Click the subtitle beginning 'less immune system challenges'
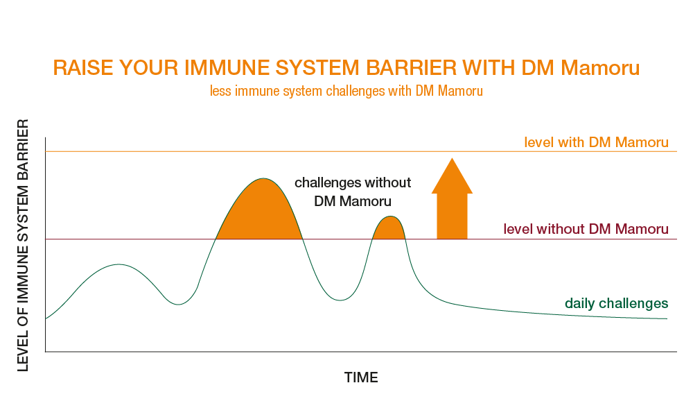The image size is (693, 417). tap(346, 91)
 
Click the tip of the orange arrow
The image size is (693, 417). tap(452, 160)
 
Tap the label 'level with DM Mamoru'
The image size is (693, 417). tap(596, 142)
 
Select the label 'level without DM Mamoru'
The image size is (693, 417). tap(586, 228)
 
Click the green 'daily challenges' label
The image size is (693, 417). tap(616, 303)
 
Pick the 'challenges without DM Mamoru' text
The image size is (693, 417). tap(353, 192)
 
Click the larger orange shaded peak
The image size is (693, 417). tap(261, 212)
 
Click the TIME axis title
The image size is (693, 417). tap(361, 377)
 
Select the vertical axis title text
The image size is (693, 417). tap(24, 246)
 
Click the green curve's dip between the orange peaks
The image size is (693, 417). tap(339, 300)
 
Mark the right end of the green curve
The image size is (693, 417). tap(666, 318)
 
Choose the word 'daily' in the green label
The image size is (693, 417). tap(579, 303)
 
